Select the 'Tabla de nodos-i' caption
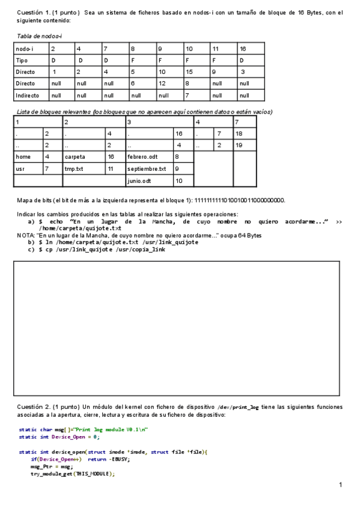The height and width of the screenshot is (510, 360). point(39,37)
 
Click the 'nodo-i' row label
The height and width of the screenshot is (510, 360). point(25,49)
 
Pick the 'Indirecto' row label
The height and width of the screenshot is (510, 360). point(27,95)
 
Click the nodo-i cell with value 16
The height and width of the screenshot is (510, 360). point(243,49)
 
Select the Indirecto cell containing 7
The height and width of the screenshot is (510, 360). point(187,95)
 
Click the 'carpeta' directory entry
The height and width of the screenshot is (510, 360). point(75,157)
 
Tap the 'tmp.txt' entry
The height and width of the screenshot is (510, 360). point(75,169)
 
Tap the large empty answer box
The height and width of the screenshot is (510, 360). point(179,328)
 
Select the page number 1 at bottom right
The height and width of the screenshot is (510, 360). point(340,485)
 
